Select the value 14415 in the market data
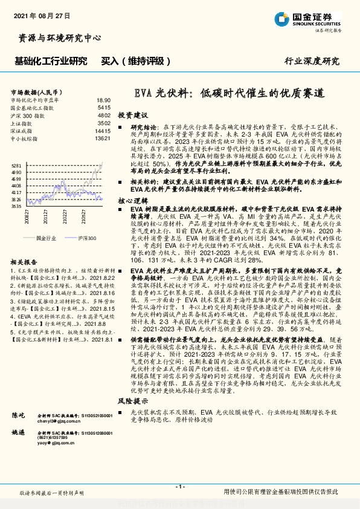click(x=103, y=131)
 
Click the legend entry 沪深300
click(x=88, y=239)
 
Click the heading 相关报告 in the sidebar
click(x=25, y=262)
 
